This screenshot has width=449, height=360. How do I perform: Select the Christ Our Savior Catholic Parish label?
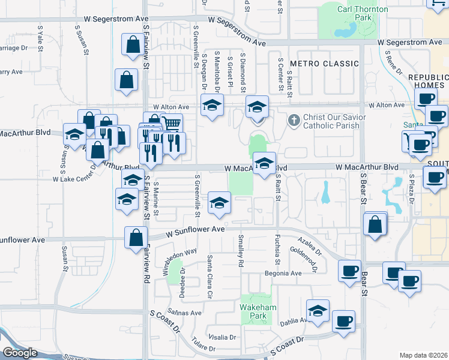coord(331,121)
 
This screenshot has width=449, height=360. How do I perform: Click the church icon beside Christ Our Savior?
coord(294,120)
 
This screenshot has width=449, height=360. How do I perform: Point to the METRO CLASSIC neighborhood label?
coord(324,64)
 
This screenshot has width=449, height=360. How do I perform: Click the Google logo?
coord(20,353)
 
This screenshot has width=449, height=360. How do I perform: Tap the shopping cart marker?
coord(172,124)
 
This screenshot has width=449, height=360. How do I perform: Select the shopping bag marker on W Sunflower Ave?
coord(136,237)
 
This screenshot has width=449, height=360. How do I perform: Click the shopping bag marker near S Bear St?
coord(375,226)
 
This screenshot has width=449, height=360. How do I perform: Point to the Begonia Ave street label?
coord(284,274)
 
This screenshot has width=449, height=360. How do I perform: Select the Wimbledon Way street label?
coord(171,260)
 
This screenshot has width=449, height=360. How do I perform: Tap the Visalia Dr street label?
coord(223,337)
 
